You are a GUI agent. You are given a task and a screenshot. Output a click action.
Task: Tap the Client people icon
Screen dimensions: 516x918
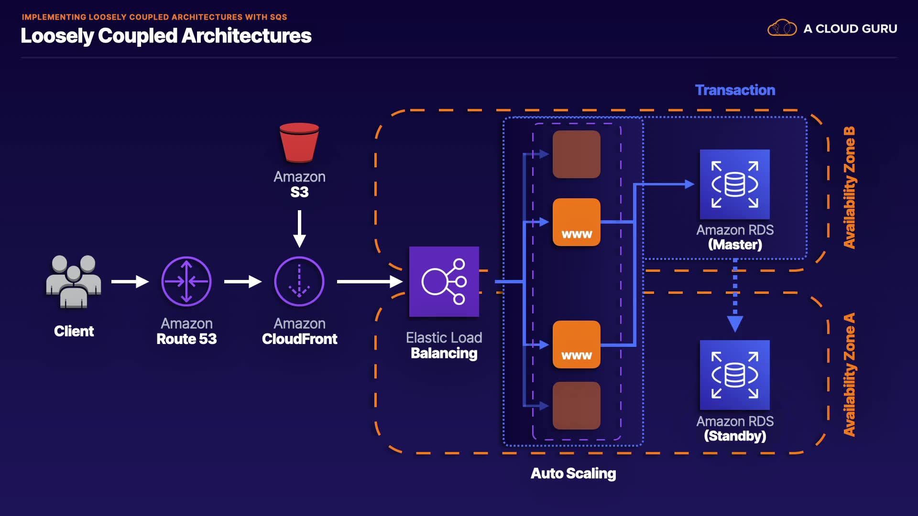pyautogui.click(x=74, y=281)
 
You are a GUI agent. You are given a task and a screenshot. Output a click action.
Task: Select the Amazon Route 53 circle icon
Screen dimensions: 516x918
pyautogui.click(x=186, y=281)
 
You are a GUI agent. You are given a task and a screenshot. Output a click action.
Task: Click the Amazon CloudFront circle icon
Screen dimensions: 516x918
pyautogui.click(x=299, y=281)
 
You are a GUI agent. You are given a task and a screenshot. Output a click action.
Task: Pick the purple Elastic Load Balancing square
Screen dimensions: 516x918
pyautogui.click(x=444, y=281)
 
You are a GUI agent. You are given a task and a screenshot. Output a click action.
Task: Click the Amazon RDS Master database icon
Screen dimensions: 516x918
pyautogui.click(x=735, y=184)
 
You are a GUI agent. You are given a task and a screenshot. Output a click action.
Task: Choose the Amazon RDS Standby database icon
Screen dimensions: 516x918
pyautogui.click(x=735, y=375)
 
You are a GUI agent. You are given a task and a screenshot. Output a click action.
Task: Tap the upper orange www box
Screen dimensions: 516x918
pyautogui.click(x=577, y=222)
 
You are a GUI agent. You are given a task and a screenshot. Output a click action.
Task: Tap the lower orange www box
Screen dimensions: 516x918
pyautogui.click(x=577, y=344)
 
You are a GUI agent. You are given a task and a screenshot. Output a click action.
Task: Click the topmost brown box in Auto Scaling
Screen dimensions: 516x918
pyautogui.click(x=577, y=154)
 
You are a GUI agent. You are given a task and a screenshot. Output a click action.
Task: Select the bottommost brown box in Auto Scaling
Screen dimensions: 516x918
pyautogui.click(x=577, y=406)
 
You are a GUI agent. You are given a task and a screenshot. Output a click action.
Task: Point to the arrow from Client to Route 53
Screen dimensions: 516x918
pyautogui.click(x=130, y=281)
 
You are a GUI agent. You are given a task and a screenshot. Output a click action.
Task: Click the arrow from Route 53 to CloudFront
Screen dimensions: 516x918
pyautogui.click(x=243, y=281)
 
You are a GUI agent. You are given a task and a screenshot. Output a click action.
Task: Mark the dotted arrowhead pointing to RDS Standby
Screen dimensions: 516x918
pyautogui.click(x=735, y=324)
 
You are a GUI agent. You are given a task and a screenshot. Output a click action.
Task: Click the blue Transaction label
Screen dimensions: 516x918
pyautogui.click(x=735, y=90)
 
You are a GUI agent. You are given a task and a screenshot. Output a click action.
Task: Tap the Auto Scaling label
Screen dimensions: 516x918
pyautogui.click(x=573, y=473)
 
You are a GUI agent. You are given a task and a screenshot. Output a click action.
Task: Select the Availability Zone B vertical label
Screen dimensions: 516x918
pyautogui.click(x=849, y=187)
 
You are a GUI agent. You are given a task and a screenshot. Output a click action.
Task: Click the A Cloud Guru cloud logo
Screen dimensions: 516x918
pyautogui.click(x=782, y=28)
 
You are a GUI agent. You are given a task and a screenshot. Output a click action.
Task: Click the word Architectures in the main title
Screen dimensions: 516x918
pyautogui.click(x=246, y=36)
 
